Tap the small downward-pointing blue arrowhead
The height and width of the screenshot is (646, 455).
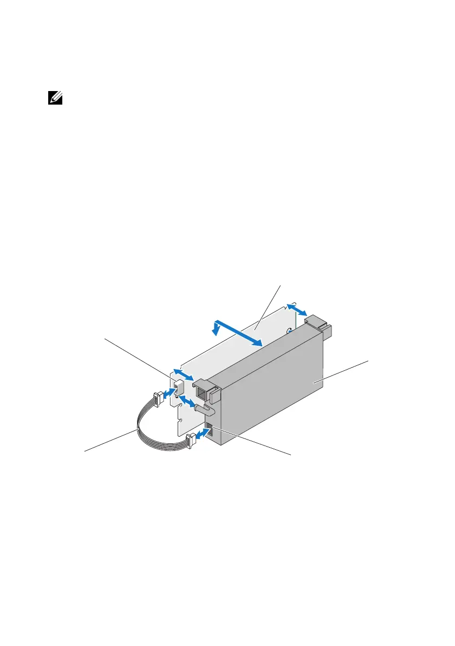216,329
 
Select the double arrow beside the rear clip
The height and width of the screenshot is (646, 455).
297,309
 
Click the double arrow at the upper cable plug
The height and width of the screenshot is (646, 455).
169,391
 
